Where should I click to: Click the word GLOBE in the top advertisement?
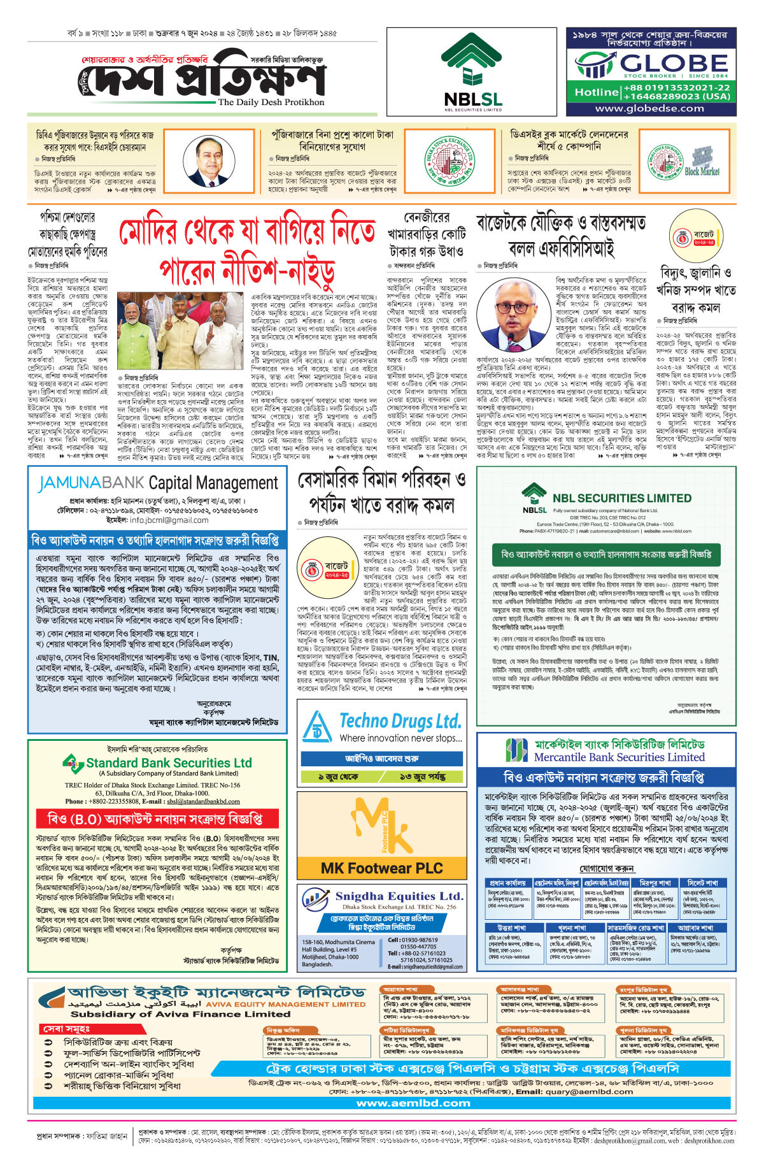[674, 63]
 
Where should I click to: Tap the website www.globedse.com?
[649, 108]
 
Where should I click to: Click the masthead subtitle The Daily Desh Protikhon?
[271, 102]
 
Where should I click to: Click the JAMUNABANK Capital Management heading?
[158, 483]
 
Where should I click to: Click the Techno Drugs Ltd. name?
[400, 721]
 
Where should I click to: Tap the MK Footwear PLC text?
[381, 868]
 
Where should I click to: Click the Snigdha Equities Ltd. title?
[399, 896]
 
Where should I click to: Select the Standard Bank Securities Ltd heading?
[169, 762]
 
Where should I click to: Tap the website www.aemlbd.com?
[413, 1103]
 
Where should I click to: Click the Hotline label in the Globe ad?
[596, 92]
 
